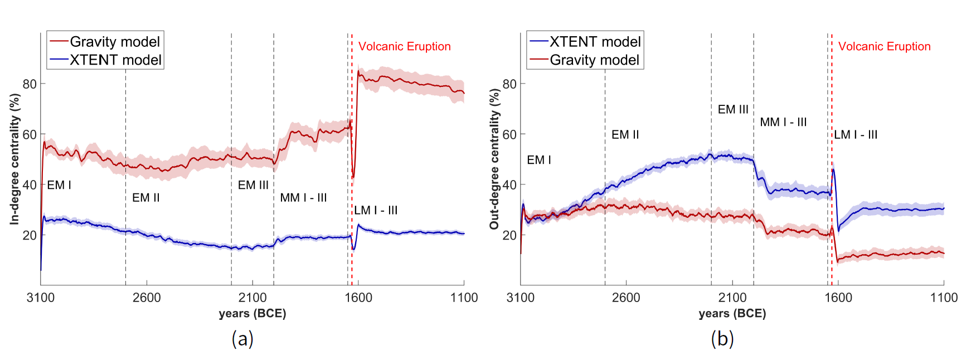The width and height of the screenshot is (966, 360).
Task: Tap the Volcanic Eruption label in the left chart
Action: pos(404,47)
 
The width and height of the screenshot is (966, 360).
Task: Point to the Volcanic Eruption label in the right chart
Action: pos(884,47)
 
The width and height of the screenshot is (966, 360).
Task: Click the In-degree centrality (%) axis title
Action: pos(14,159)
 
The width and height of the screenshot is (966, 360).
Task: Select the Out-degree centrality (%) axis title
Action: pos(494,159)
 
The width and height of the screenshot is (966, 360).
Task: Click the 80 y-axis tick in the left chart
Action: pos(30,84)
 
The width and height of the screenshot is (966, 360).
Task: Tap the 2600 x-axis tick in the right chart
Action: pos(626,298)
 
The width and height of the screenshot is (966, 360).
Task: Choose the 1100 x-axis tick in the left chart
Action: pos(464,298)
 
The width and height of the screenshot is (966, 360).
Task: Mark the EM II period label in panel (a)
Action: pos(146,198)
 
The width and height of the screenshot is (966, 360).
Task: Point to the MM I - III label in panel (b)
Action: pos(783,123)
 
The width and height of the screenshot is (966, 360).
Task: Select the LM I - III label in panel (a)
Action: pos(376,211)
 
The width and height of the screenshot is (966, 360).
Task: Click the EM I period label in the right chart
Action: pos(539,160)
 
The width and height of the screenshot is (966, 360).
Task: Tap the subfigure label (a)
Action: pos(242,338)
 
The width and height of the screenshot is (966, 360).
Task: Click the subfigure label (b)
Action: pos(722,338)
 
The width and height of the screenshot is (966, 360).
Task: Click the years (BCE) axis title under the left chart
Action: pos(253,313)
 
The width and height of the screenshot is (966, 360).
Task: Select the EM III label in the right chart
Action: pos(732,110)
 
